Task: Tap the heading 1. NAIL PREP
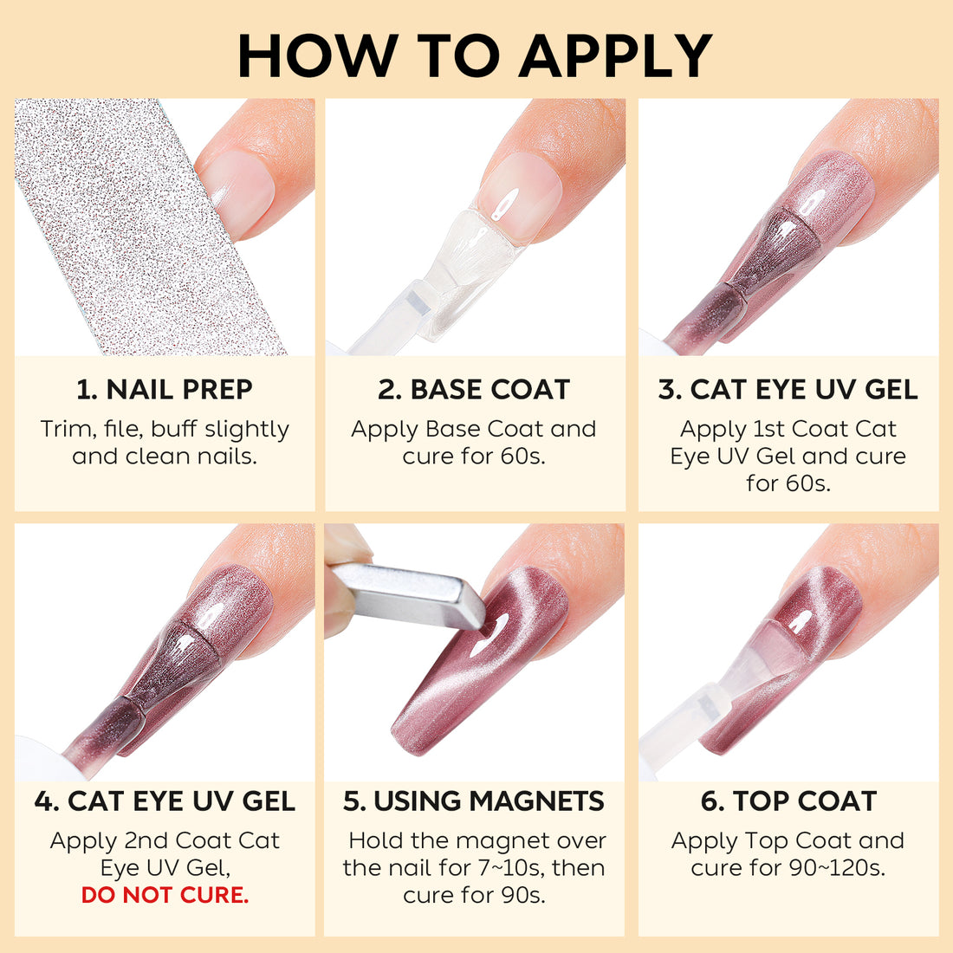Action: pos(165,390)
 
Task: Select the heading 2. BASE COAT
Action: pos(474,390)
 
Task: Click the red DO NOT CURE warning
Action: pos(165,895)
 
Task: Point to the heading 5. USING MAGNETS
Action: pos(474,801)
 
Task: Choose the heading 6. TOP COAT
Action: pos(788,801)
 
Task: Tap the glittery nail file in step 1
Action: pos(130,225)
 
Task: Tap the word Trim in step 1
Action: pos(68,430)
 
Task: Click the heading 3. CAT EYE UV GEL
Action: pos(788,390)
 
